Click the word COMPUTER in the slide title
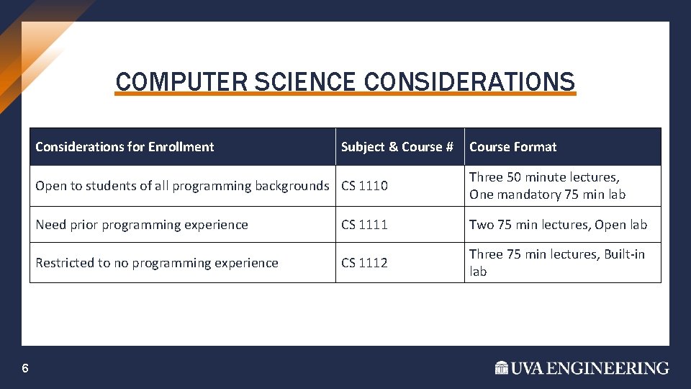pos(165,81)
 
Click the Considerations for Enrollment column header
pos(125,147)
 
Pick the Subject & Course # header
pos(397,147)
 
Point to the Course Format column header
pos(512,147)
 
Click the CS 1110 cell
pos(364,186)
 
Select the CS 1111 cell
pos(364,225)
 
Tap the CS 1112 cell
pos(364,263)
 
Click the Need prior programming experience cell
pos(142,225)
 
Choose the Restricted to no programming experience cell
pos(157,263)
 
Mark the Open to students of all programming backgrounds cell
pos(182,186)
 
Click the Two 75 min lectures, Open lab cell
pos(558,225)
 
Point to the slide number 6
pos(25,369)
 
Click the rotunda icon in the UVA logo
pos(502,368)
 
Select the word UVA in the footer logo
pos(528,368)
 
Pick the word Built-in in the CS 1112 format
pos(624,254)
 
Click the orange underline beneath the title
pos(345,94)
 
